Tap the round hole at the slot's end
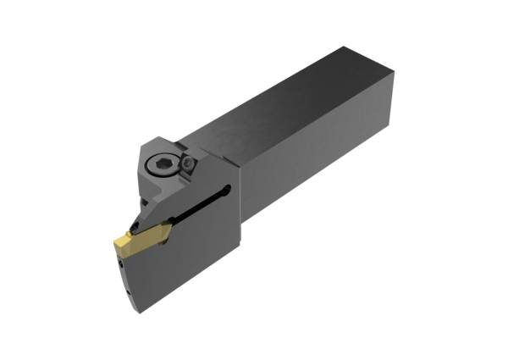click(227, 193)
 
